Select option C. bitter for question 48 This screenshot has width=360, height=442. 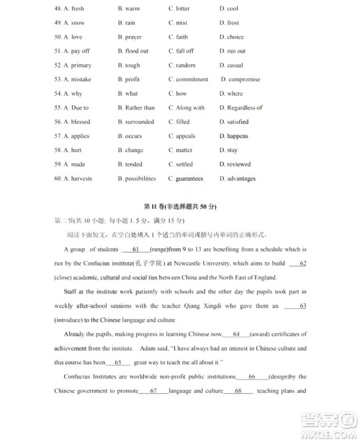point(179,9)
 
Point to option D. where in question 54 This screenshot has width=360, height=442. point(231,94)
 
